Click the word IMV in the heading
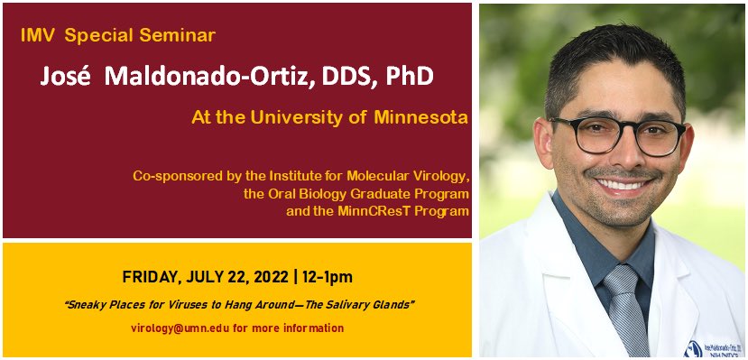(41, 36)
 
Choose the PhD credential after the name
(409, 77)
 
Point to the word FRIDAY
(149, 276)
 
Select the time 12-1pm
(320, 276)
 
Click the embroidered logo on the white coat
(697, 347)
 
